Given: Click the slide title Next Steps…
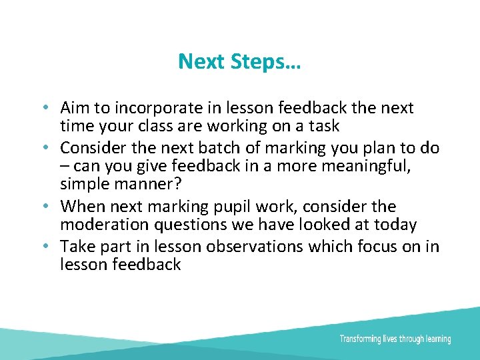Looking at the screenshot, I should point(239,62).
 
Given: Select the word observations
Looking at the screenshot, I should point(255,247).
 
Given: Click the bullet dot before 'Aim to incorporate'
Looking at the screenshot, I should point(43,108).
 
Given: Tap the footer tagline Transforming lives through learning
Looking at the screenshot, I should point(395,339).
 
